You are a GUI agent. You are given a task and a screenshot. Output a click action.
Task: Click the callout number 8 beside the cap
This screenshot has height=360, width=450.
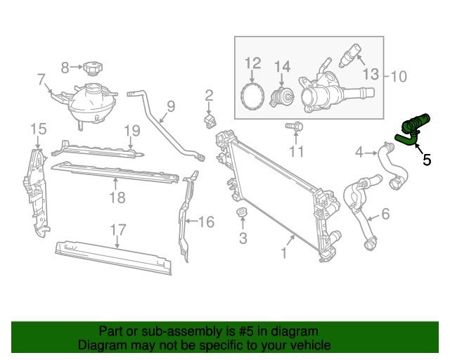pyautogui.click(x=65, y=67)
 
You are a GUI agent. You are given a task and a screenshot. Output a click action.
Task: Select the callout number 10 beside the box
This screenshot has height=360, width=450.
pyautogui.click(x=398, y=76)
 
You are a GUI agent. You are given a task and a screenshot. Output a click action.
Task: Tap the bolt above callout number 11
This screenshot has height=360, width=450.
pyautogui.click(x=295, y=127)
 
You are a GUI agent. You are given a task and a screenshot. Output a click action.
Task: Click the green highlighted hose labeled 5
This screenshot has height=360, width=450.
pyautogui.click(x=413, y=128)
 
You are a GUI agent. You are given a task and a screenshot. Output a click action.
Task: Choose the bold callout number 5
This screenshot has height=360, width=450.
pyautogui.click(x=427, y=160)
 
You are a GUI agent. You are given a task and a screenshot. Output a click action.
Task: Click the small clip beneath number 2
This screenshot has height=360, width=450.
pyautogui.click(x=210, y=122)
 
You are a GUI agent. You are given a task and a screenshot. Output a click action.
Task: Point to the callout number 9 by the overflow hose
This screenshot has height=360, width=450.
pyautogui.click(x=170, y=108)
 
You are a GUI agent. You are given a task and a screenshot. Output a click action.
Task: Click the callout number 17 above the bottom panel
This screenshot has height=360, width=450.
pyautogui.click(x=117, y=229)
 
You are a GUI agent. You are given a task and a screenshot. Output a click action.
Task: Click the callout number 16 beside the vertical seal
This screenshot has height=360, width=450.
pyautogui.click(x=205, y=222)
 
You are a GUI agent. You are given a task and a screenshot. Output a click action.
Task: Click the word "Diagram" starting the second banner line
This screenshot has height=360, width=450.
pyautogui.click(x=102, y=345)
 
